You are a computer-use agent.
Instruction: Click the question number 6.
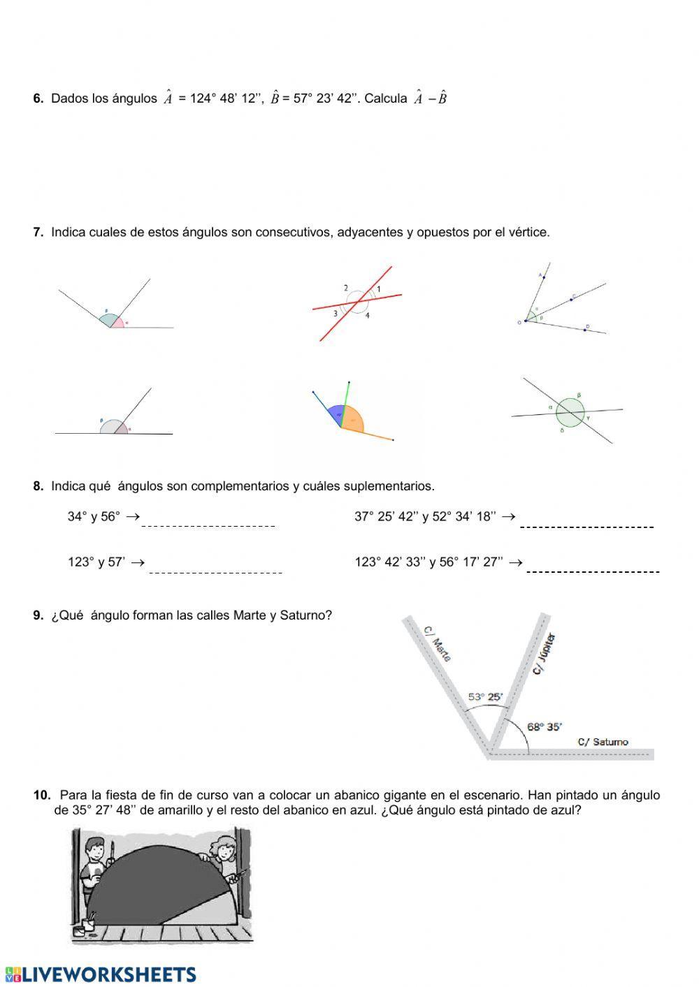[38, 98]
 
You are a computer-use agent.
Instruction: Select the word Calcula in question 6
[385, 98]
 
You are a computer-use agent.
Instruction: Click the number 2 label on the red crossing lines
[346, 288]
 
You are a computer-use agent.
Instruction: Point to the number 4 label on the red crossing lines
[367, 316]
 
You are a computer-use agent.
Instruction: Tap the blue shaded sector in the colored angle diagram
[336, 414]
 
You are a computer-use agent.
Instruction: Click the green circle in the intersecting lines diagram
[570, 412]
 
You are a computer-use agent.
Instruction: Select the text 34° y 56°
[94, 517]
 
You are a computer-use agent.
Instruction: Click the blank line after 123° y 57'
[215, 571]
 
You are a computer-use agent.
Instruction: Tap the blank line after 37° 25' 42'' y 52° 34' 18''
[586, 526]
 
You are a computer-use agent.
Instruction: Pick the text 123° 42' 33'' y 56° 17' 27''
[428, 562]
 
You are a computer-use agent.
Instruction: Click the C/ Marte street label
[438, 643]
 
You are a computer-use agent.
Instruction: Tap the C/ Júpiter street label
[545, 653]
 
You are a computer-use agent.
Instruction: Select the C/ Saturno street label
[603, 742]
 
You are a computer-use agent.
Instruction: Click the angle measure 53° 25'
[485, 696]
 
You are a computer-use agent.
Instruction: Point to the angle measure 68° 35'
[545, 726]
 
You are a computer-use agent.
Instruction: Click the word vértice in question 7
[527, 233]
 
